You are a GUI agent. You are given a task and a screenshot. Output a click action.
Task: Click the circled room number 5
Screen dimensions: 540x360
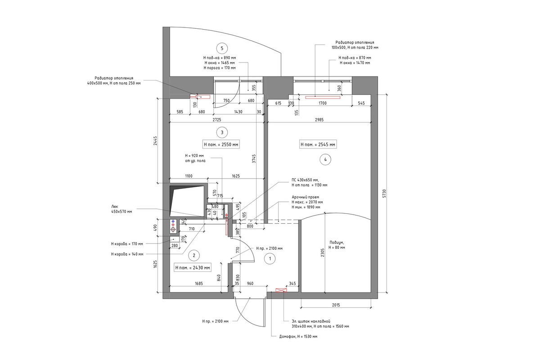(x=222, y=48)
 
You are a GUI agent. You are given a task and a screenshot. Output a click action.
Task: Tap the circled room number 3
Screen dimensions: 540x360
(x=222, y=132)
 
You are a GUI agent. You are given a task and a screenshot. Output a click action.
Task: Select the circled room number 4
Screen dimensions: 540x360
(x=325, y=159)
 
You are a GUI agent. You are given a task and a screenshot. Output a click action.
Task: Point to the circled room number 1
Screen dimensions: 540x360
(x=270, y=259)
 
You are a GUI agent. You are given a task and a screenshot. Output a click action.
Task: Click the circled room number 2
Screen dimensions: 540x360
(x=194, y=256)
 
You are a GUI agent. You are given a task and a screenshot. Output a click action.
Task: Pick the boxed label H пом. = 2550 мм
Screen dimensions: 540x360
(x=221, y=144)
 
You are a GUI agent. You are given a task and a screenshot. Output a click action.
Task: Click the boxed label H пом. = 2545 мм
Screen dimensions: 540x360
(x=318, y=144)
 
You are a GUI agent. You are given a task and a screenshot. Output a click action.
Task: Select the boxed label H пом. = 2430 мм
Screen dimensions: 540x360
(x=193, y=268)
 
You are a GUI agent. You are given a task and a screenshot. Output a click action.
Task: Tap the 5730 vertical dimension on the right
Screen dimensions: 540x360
(x=384, y=193)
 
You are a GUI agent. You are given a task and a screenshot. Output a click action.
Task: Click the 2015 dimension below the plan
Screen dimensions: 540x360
(x=336, y=305)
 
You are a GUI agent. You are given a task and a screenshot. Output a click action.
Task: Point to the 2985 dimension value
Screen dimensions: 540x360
(x=319, y=120)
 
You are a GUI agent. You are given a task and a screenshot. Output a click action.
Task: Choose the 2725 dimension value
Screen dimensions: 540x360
(x=217, y=120)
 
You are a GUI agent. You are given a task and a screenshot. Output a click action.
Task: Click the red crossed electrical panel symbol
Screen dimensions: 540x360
(x=281, y=290)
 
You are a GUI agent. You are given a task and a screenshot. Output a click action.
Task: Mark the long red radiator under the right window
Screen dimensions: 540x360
(x=323, y=97)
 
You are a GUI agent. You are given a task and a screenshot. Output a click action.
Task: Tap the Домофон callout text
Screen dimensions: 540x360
(x=298, y=336)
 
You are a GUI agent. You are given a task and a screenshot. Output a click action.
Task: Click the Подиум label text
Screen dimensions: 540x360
(x=337, y=243)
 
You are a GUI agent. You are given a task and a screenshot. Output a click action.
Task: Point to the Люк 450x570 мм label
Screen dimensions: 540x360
(x=121, y=209)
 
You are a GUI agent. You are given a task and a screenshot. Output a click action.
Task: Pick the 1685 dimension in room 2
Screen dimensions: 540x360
(x=198, y=283)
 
